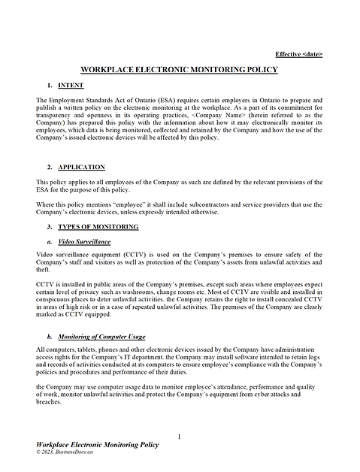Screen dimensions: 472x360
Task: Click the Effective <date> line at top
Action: click(x=299, y=54)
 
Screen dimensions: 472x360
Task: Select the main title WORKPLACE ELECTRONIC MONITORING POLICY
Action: click(x=179, y=70)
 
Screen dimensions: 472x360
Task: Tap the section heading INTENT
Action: click(x=71, y=86)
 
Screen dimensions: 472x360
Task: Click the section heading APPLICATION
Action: click(x=81, y=167)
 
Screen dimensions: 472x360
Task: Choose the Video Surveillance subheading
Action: click(x=84, y=241)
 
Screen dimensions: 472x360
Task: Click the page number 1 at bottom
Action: click(x=180, y=437)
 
